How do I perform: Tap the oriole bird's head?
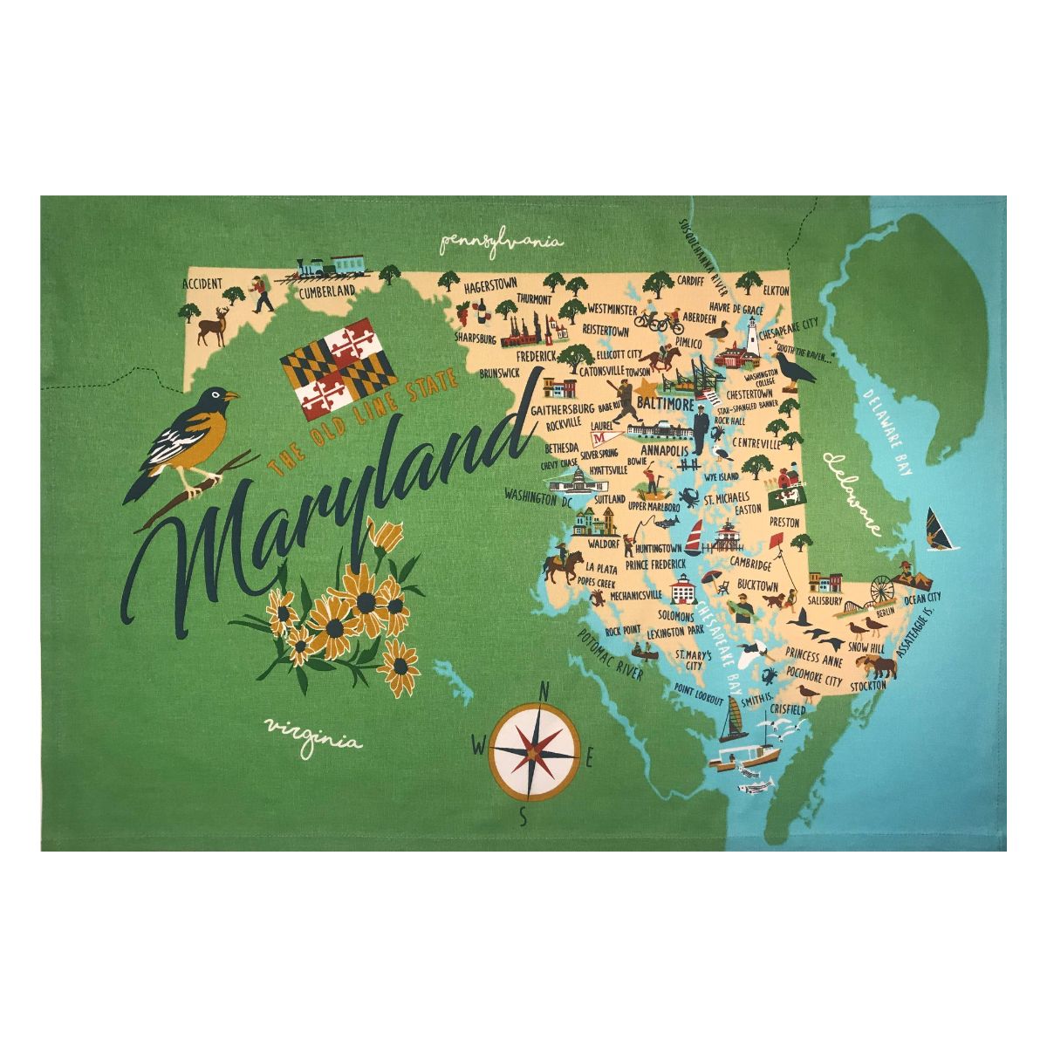tap(214, 401)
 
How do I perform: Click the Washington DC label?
tap(537, 497)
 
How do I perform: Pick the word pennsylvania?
tap(501, 242)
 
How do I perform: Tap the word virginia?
tap(313, 735)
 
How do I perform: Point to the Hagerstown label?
tap(489, 285)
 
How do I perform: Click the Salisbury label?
tap(825, 601)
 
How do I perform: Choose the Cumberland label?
tap(326, 291)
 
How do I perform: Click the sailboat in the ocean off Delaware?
tap(940, 530)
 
